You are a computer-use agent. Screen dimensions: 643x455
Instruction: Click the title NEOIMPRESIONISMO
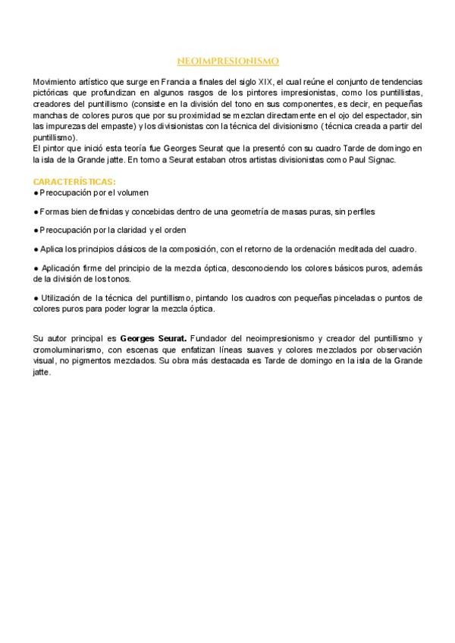click(227, 60)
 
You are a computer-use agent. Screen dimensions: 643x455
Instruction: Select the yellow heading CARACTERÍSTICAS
click(74, 182)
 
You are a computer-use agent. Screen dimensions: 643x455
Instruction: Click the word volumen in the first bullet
click(132, 193)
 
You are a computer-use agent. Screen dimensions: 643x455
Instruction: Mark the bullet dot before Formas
click(36, 212)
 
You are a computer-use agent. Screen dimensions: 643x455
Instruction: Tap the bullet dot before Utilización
click(36, 298)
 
